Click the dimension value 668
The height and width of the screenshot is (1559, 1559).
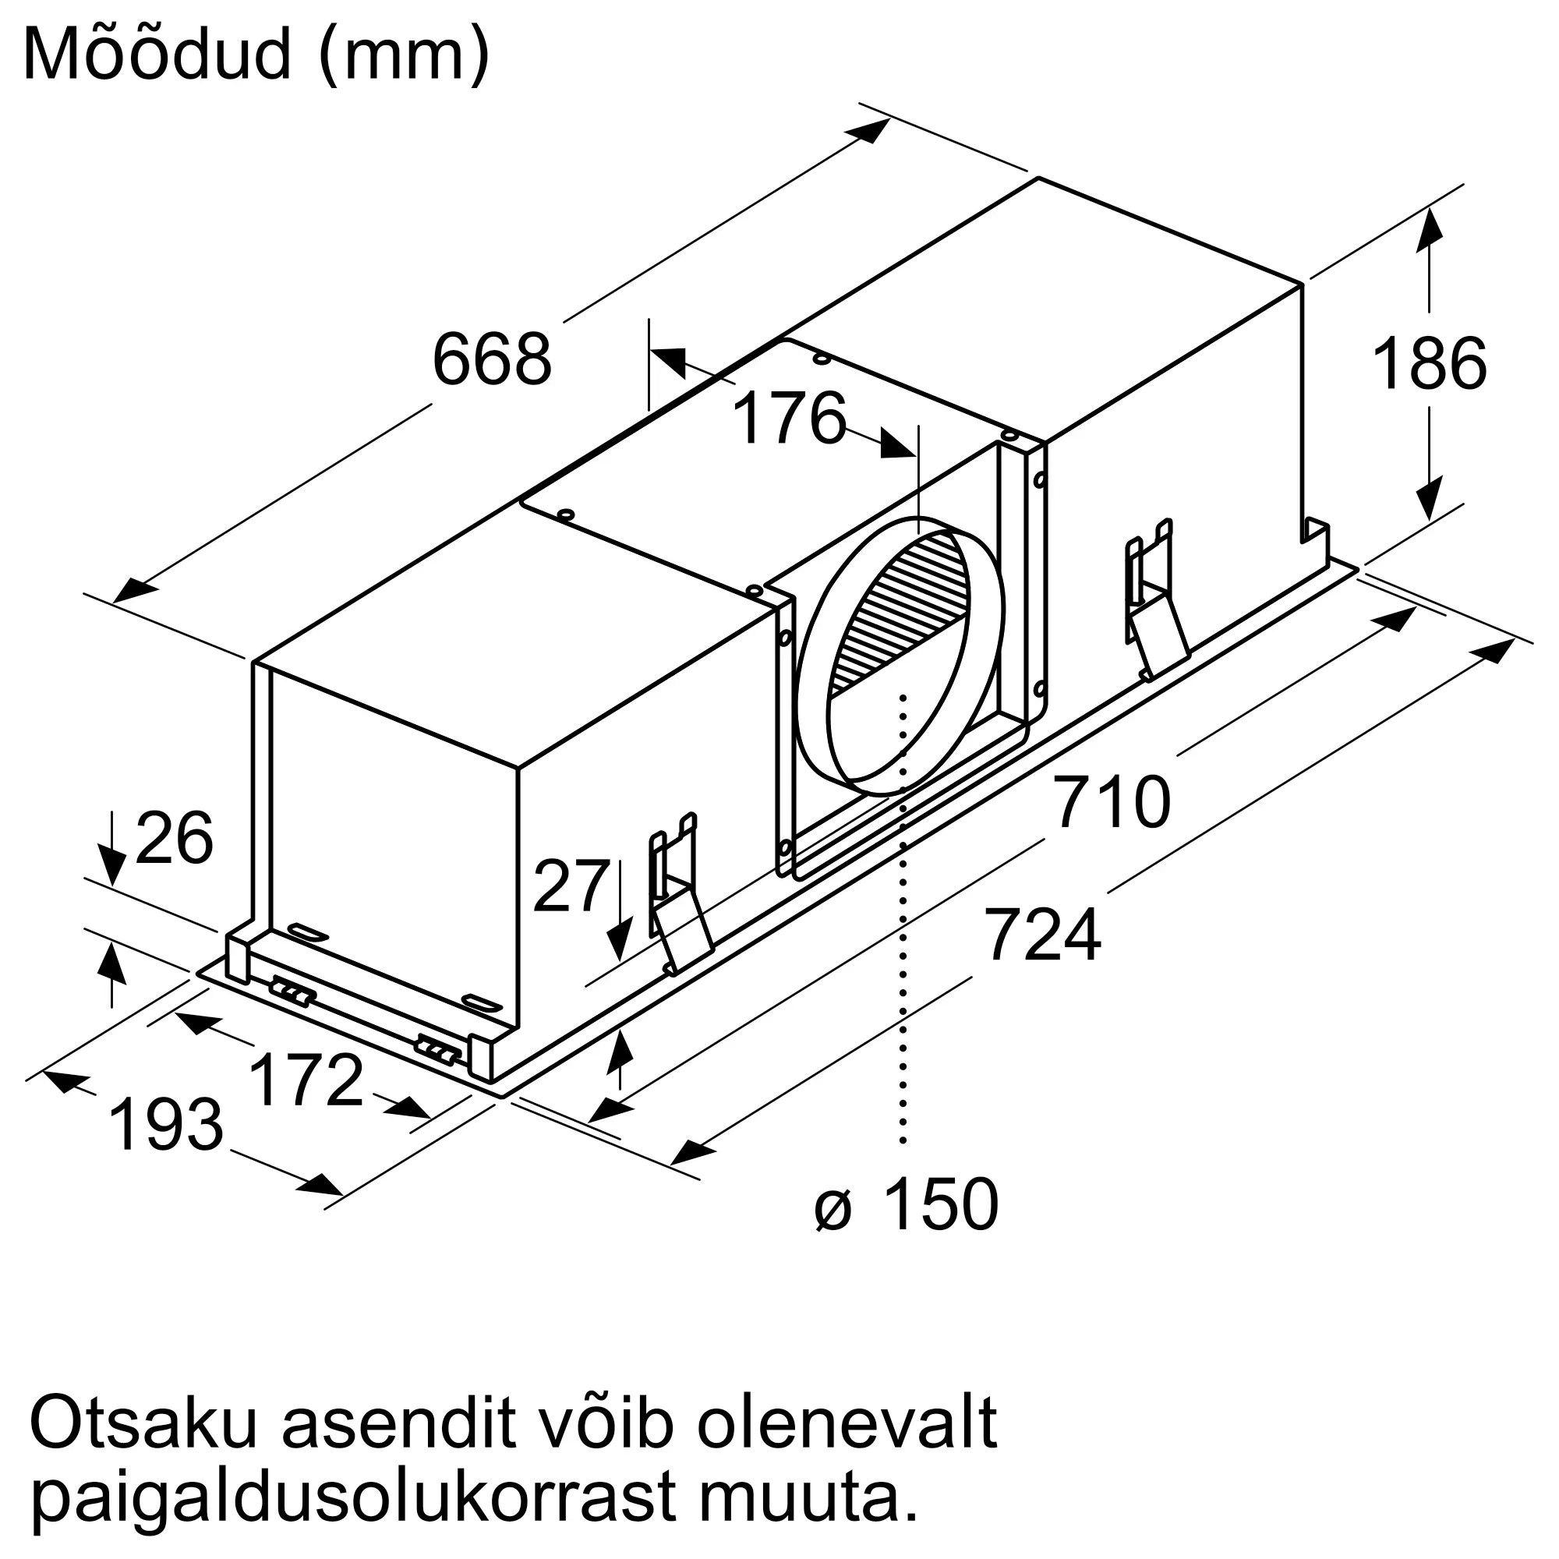492,359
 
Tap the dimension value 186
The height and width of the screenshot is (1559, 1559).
1429,364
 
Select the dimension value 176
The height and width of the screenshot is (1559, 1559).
790,418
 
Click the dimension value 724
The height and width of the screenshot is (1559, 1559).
1042,935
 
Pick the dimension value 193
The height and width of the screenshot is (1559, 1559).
165,1125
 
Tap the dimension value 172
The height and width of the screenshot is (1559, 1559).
306,1080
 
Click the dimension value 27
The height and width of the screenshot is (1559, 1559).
571,886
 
